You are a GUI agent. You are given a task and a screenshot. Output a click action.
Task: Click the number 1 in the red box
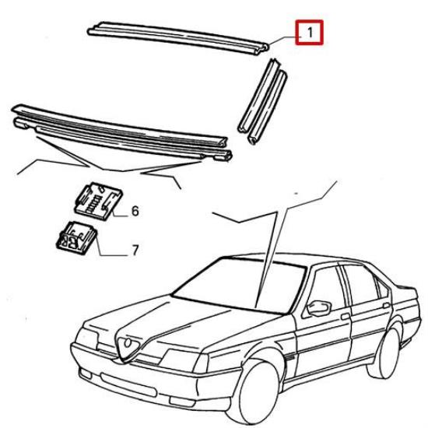[310, 33]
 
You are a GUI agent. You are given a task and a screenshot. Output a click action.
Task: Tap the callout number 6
[135, 211]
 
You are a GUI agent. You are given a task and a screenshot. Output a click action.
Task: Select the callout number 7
[135, 250]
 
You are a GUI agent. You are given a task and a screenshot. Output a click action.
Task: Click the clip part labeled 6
[98, 201]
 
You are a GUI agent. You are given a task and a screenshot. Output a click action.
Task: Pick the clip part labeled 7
[76, 238]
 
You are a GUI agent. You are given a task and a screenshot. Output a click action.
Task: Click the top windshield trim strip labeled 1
[178, 37]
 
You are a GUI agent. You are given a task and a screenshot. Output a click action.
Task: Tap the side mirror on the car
[319, 308]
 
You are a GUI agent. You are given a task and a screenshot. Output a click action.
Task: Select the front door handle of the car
[346, 317]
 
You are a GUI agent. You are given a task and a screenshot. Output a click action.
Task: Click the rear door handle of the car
[387, 306]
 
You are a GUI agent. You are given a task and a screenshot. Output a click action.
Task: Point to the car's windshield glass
[240, 286]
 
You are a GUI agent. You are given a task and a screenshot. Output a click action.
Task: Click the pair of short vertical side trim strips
[262, 101]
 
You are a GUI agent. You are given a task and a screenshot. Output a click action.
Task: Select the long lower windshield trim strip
[121, 132]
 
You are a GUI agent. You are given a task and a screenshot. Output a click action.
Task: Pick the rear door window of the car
[360, 284]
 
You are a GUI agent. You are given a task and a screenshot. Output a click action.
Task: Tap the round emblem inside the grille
[128, 343]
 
